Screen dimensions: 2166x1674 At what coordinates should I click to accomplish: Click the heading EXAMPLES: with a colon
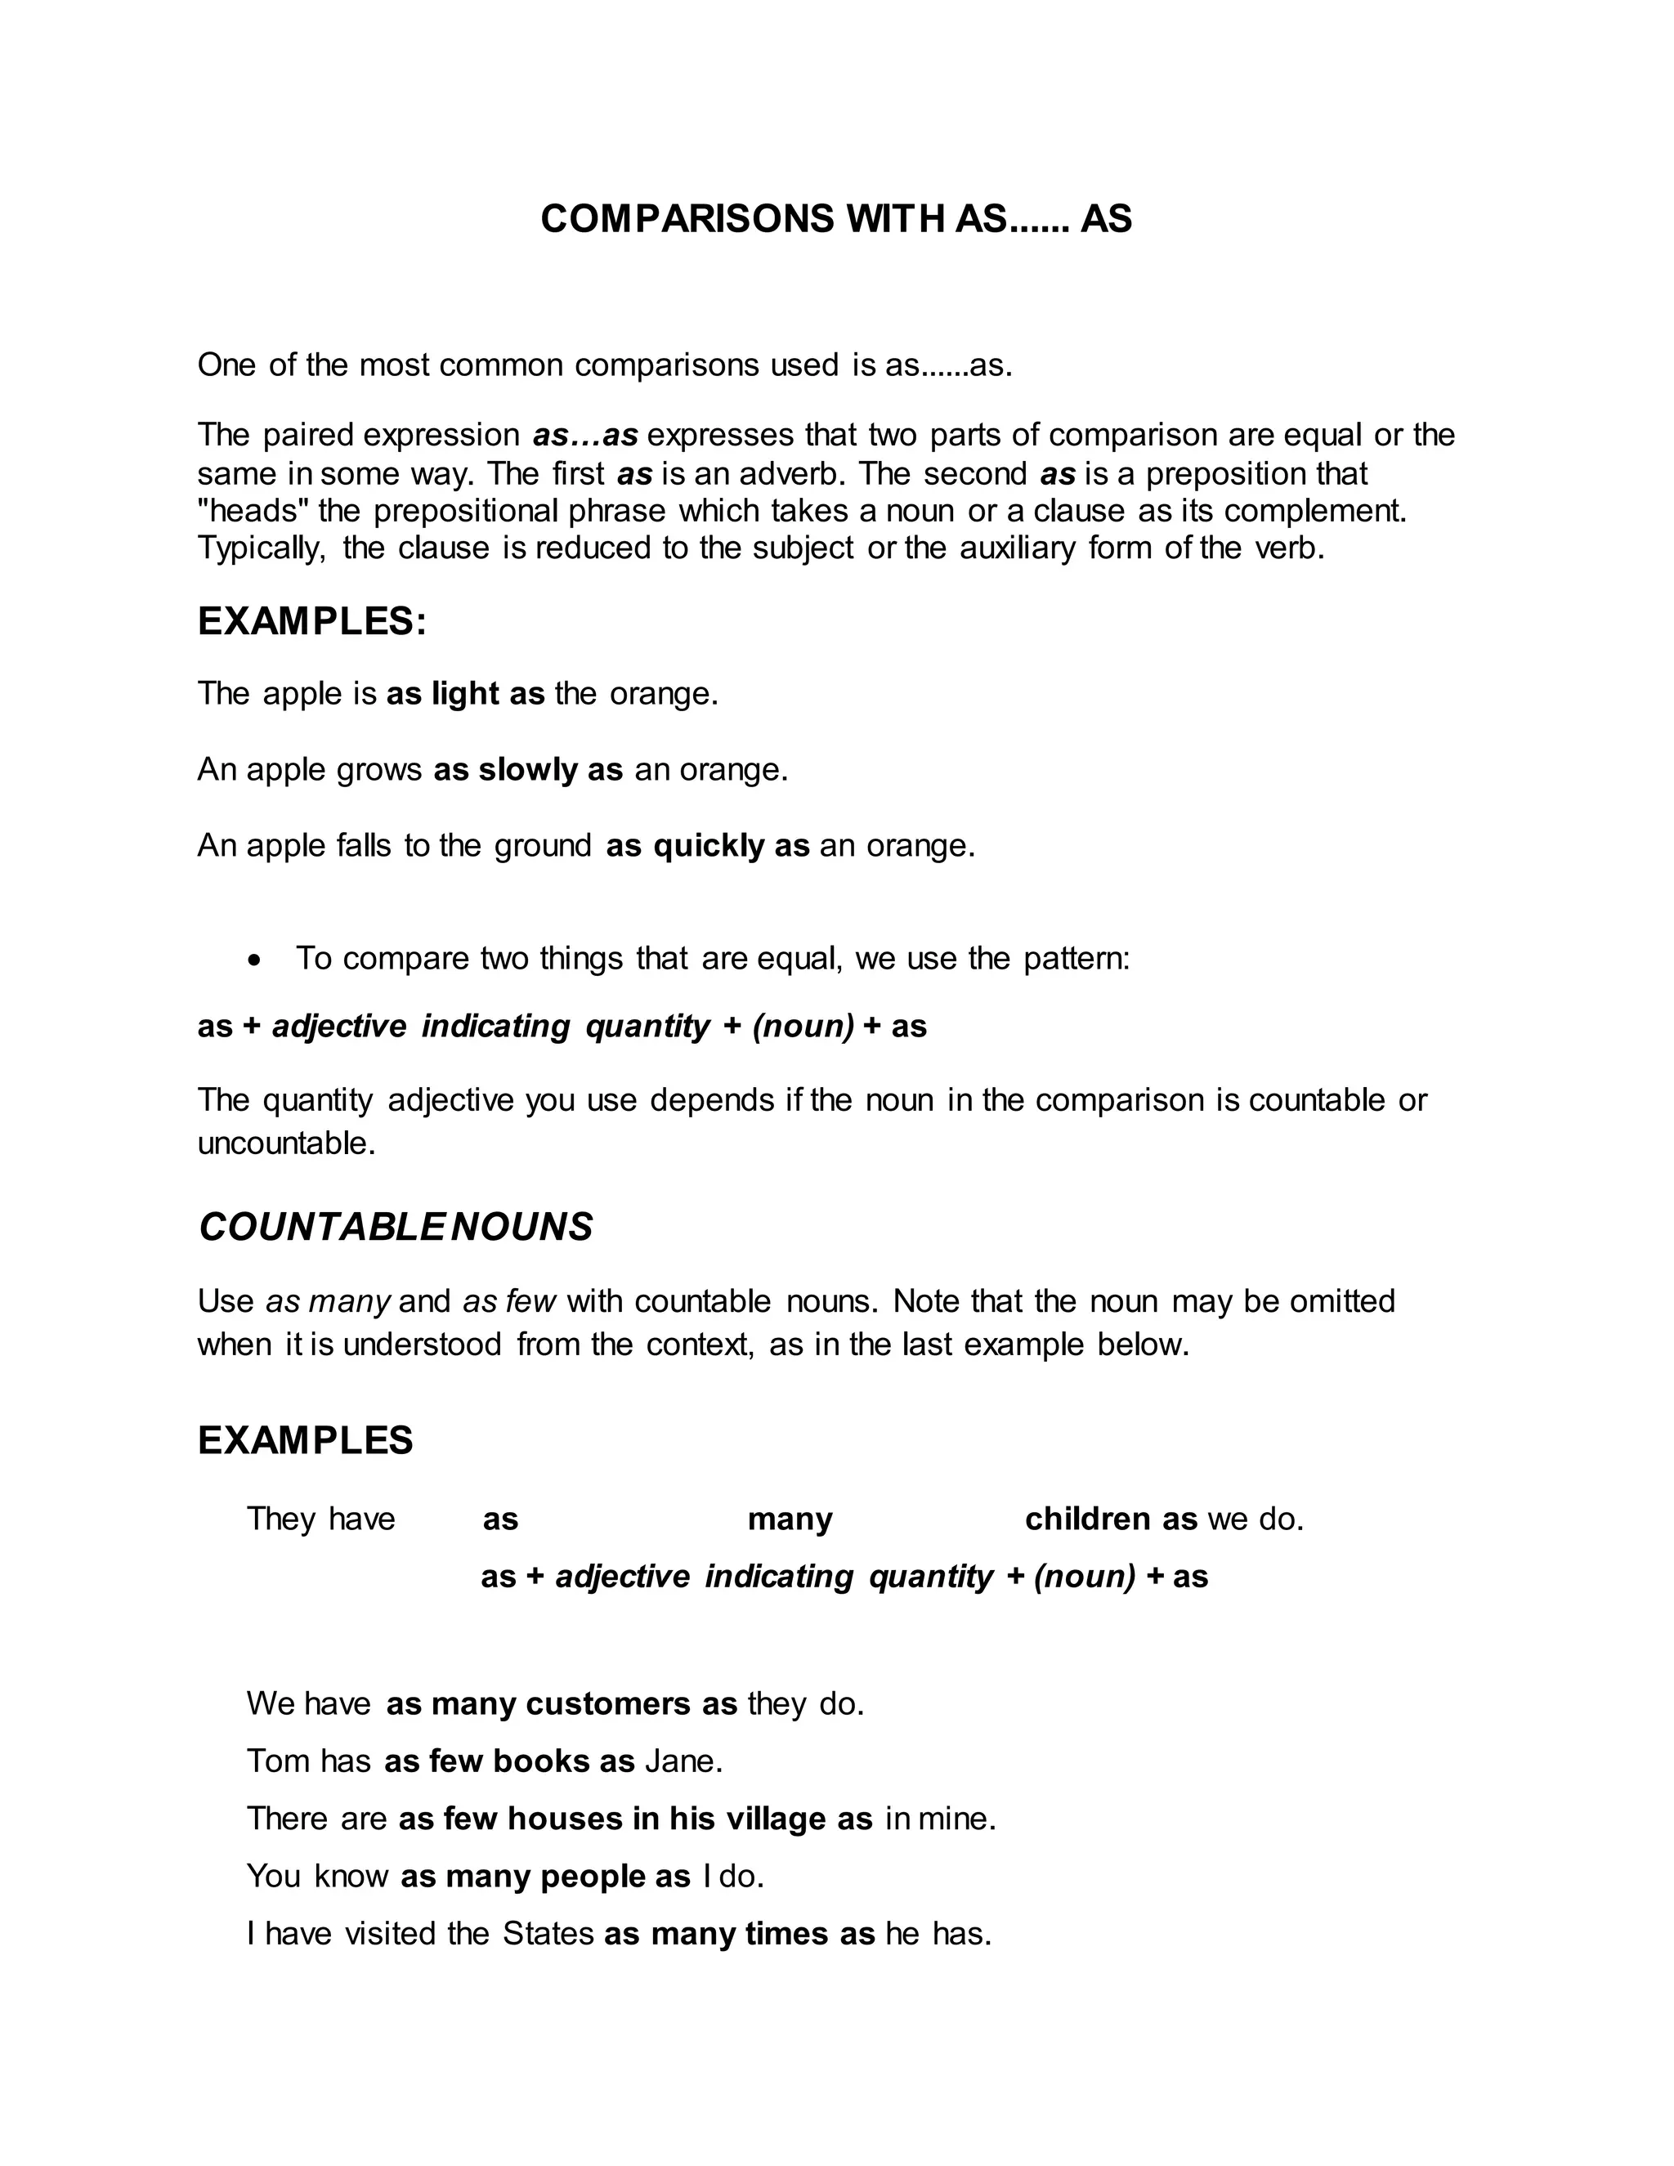pos(311,622)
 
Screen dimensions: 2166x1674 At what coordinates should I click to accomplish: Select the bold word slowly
pos(527,770)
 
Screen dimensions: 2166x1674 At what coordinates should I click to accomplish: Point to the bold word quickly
pos(709,845)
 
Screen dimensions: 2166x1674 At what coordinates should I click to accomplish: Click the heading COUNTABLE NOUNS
pos(395,1228)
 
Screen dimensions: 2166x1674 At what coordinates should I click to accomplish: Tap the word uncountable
pos(285,1143)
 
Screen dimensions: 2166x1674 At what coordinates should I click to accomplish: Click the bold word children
pos(1088,1519)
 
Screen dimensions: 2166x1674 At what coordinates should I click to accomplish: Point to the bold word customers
pos(608,1704)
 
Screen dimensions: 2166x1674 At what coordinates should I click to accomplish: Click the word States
pos(548,1934)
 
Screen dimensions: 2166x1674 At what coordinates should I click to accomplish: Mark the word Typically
pos(261,548)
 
